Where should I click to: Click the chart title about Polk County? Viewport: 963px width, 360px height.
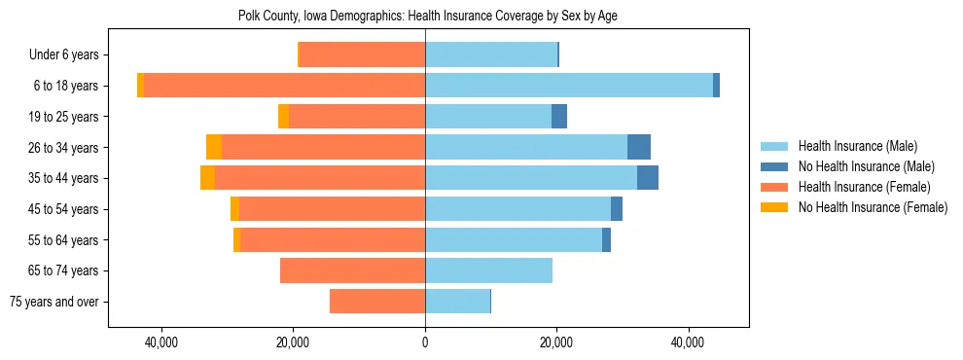(x=427, y=16)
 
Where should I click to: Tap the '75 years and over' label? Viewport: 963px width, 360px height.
(x=53, y=302)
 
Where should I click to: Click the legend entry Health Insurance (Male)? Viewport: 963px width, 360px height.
(x=857, y=146)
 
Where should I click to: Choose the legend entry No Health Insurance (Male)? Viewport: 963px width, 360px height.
(x=866, y=166)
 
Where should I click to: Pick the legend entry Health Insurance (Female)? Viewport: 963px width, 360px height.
(x=864, y=187)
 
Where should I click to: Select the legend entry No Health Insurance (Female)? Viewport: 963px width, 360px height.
(x=873, y=207)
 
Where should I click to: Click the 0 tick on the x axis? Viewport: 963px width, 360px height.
(x=425, y=342)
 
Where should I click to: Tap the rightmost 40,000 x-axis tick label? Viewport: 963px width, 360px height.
(x=689, y=342)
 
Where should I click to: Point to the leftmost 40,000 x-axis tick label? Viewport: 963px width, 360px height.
(x=160, y=342)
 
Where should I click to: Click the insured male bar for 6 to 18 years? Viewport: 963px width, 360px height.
(x=569, y=86)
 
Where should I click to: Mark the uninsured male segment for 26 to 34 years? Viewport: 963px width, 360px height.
(x=639, y=147)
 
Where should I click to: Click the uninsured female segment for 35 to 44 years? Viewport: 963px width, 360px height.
(x=208, y=178)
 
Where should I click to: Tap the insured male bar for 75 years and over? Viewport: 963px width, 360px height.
(x=457, y=302)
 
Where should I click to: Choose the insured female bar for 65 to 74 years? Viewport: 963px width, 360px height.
(x=352, y=270)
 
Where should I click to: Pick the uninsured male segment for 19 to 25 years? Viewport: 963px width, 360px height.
(x=559, y=117)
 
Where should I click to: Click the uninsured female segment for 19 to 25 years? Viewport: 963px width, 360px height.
(x=284, y=117)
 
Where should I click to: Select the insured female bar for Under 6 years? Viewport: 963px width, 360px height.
(x=362, y=54)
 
